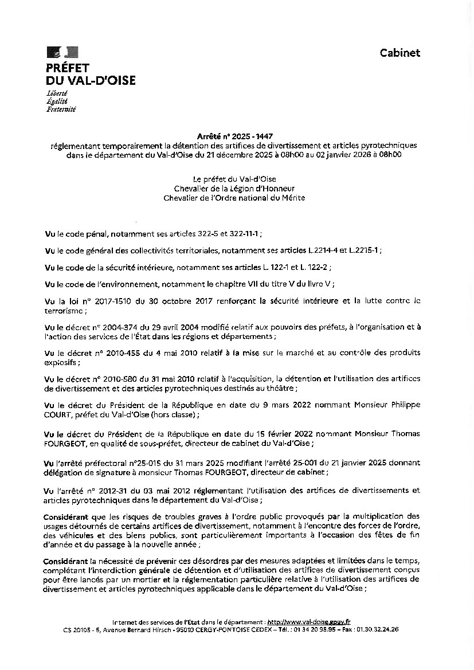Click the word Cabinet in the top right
399,53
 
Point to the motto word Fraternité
61,109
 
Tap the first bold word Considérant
65,517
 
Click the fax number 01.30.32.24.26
378,629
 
